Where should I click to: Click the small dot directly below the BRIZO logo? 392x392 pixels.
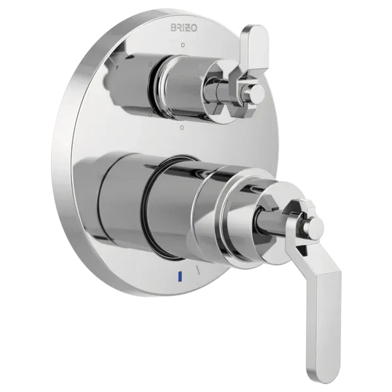184,44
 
